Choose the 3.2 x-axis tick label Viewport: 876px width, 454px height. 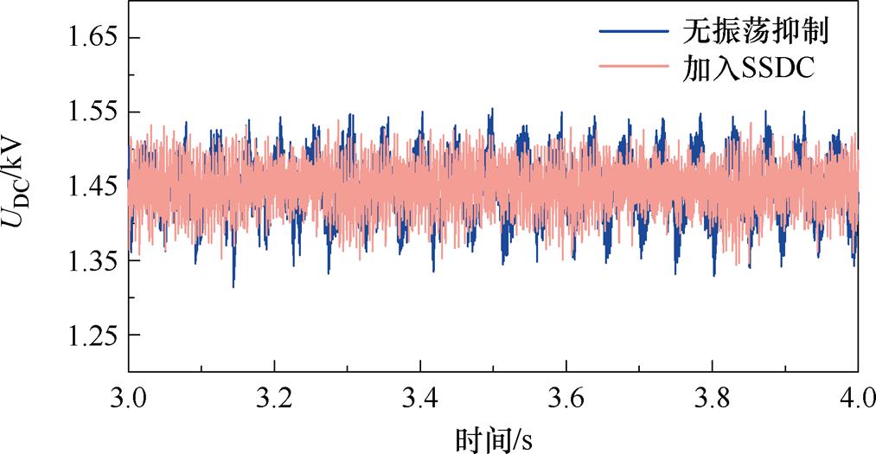[x=274, y=400]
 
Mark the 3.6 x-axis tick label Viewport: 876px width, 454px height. [x=566, y=400]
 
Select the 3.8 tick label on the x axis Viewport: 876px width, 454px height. [x=712, y=400]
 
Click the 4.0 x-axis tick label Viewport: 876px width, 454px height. [x=857, y=400]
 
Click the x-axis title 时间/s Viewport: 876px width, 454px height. [x=493, y=438]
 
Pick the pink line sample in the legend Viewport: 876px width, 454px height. [x=633, y=68]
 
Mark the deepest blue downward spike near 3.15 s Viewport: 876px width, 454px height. [x=233, y=284]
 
